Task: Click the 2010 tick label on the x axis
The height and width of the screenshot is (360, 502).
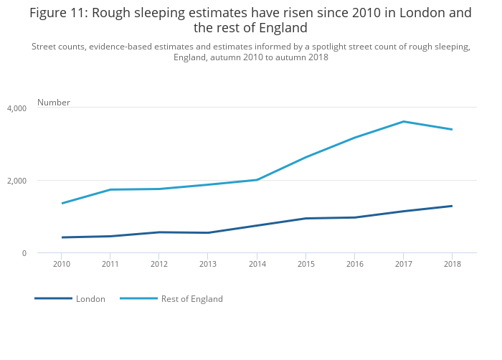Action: click(61, 264)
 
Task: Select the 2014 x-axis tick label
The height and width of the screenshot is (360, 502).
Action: click(257, 264)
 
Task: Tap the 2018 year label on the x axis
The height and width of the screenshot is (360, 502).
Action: click(452, 264)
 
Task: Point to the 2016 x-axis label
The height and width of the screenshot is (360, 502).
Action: click(354, 264)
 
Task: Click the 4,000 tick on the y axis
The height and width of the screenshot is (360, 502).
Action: click(16, 108)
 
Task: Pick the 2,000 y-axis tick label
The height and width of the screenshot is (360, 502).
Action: click(16, 181)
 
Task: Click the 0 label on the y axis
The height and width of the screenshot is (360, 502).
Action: click(24, 253)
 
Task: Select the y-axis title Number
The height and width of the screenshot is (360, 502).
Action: click(54, 103)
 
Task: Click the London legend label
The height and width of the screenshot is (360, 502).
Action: click(90, 299)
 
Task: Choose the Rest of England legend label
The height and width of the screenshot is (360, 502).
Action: click(191, 299)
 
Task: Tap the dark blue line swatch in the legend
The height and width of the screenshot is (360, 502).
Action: click(53, 298)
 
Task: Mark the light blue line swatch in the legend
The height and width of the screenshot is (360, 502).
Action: click(138, 298)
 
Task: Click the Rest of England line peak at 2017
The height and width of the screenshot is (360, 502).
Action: click(403, 121)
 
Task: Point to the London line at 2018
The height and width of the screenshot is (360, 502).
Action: click(452, 206)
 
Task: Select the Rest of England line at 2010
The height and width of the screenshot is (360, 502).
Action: click(62, 203)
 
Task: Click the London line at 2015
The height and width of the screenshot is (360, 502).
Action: click(306, 218)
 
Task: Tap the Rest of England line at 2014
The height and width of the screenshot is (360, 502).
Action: click(257, 179)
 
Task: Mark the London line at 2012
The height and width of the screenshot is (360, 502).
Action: click(159, 232)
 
